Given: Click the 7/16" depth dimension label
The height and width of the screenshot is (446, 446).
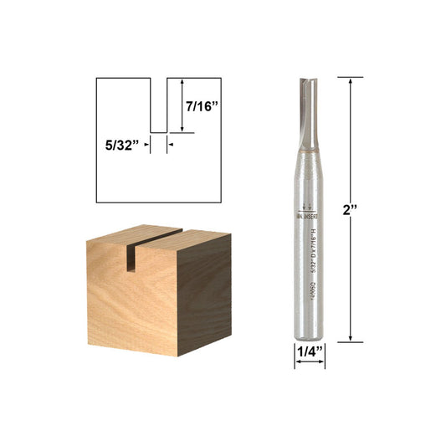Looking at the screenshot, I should [202, 105].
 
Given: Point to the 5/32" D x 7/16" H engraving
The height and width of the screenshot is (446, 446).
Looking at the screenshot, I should [310, 247].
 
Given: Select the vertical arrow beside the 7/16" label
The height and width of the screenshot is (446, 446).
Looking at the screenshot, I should [182, 105].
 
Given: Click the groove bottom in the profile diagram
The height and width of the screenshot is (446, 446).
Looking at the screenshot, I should [158, 131].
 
